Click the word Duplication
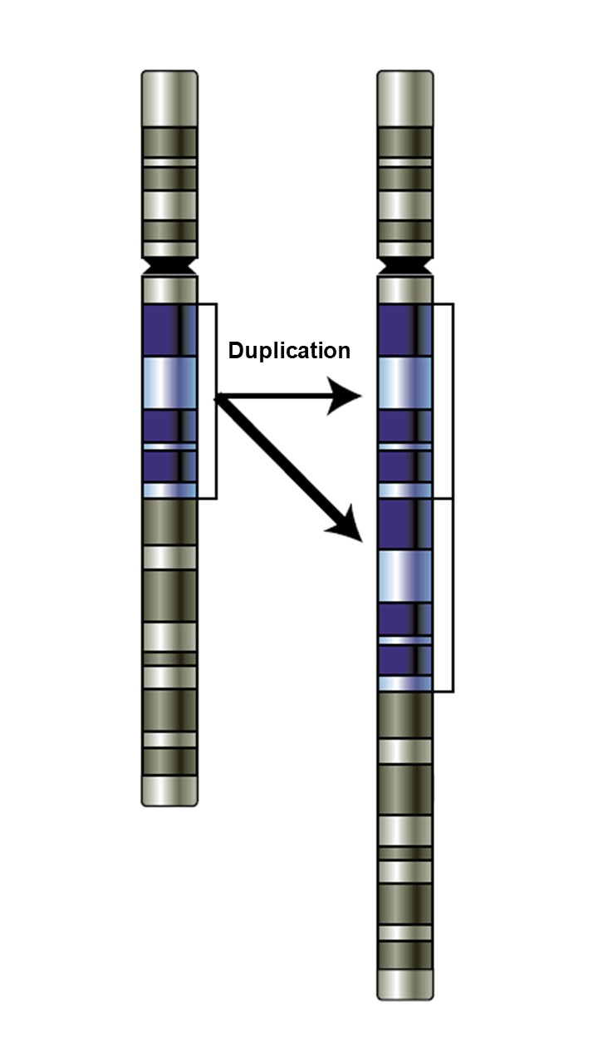[289, 351]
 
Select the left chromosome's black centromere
[169, 267]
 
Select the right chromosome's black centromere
[405, 267]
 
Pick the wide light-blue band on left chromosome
[169, 383]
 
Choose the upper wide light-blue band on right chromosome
[405, 383]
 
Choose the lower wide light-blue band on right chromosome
[405, 576]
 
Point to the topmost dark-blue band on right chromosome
[405, 330]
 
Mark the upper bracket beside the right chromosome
[453, 401]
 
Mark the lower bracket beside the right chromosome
[453, 595]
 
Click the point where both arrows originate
[218, 399]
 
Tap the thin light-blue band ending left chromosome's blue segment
[169, 490]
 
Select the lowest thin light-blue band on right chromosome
[405, 683]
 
